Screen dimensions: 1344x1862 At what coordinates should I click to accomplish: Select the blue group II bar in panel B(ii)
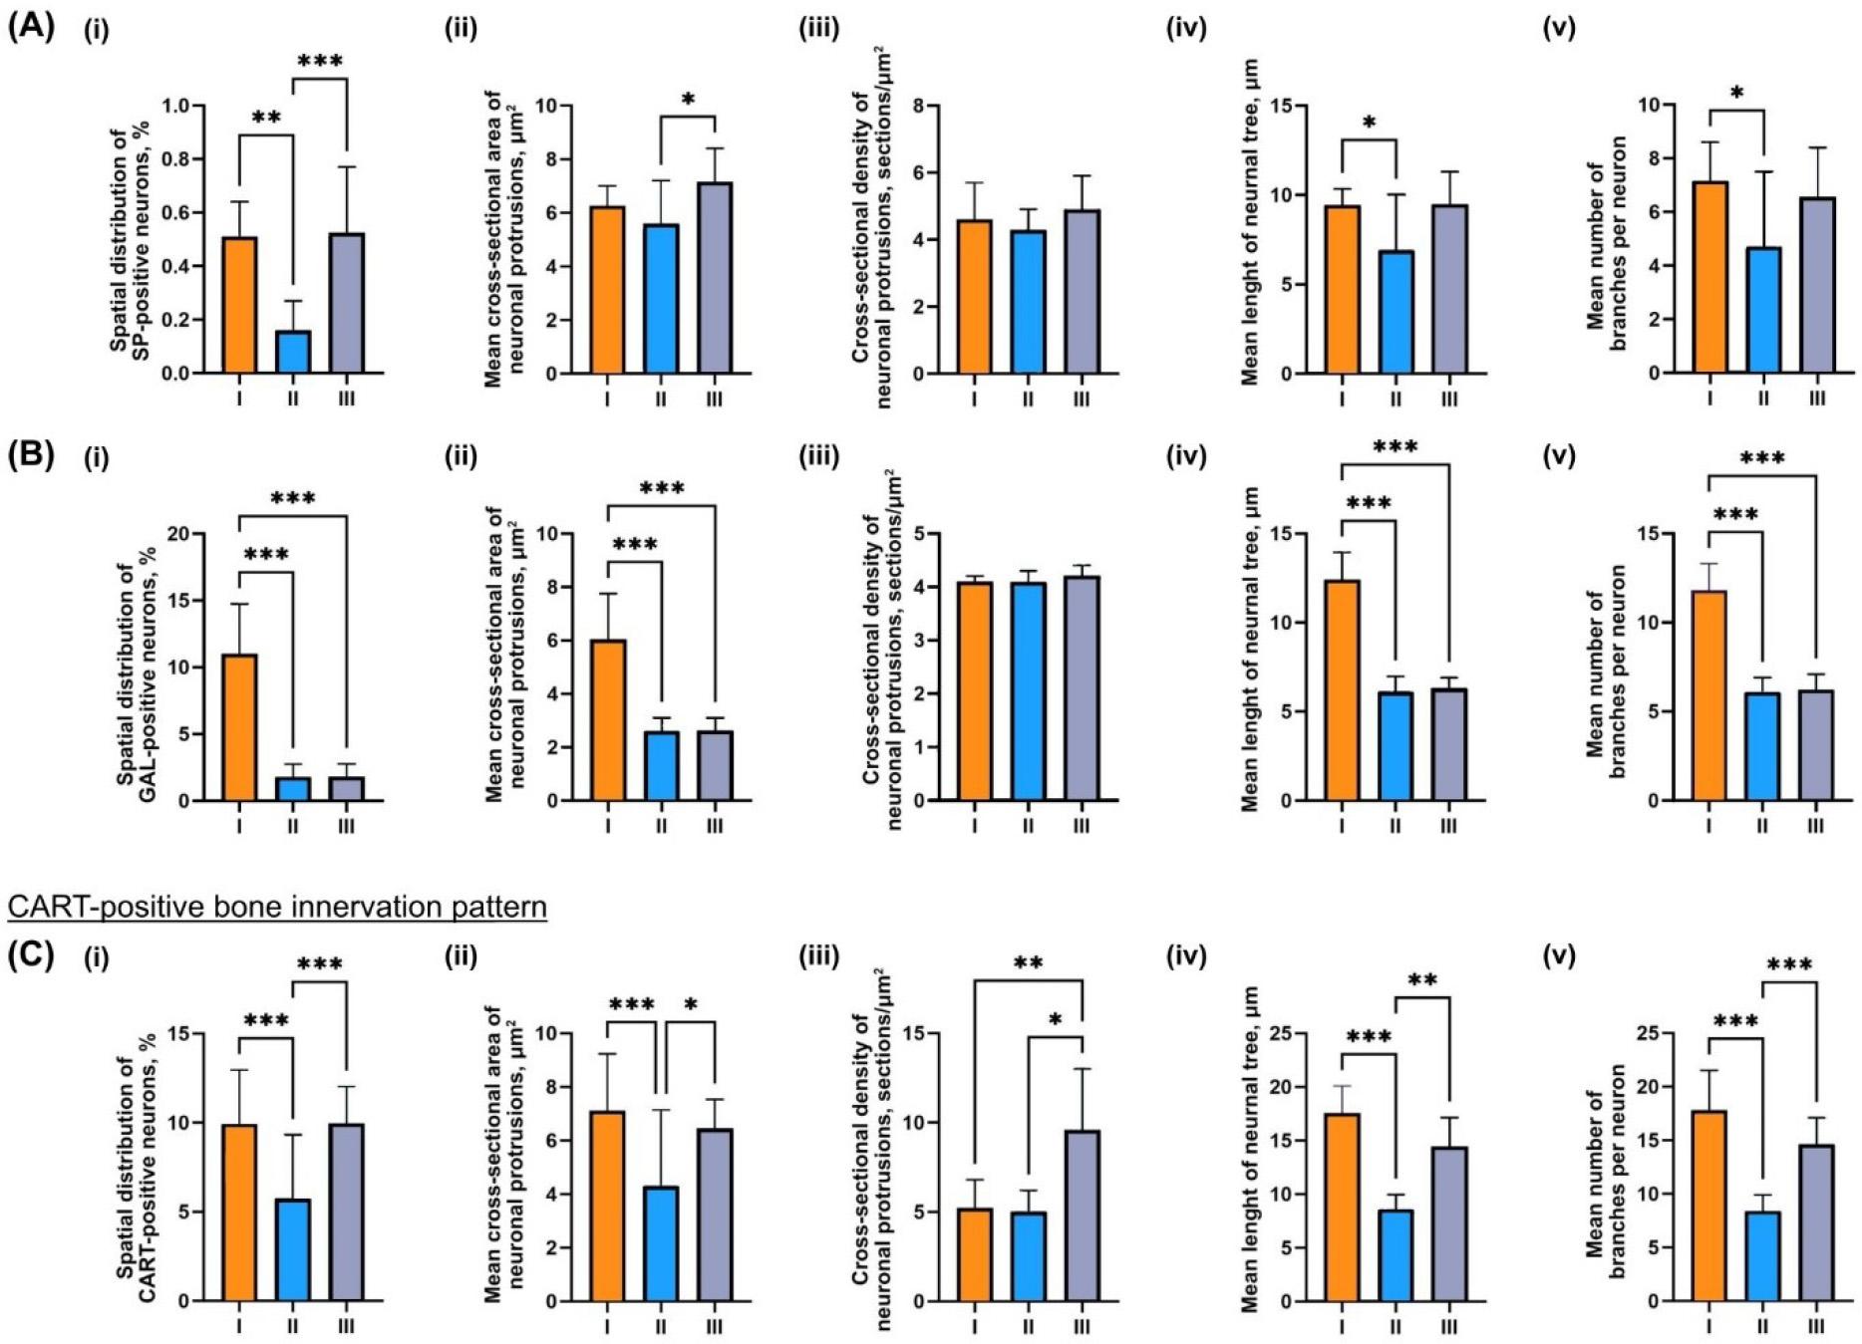[x=661, y=766]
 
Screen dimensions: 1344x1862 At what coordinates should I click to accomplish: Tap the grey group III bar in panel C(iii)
[x=1082, y=1215]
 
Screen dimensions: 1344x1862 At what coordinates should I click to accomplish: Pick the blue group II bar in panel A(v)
[x=1763, y=310]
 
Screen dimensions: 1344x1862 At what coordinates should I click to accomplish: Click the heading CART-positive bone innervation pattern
[x=277, y=908]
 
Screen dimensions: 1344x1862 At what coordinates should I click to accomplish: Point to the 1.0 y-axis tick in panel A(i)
[x=176, y=107]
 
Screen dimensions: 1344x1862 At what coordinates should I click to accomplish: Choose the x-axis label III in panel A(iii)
[x=1082, y=400]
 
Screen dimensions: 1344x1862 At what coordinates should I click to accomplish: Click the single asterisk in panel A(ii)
[x=688, y=100]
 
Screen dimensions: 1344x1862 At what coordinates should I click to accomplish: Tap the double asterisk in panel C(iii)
[x=1028, y=963]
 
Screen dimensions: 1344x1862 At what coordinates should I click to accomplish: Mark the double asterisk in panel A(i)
[x=266, y=118]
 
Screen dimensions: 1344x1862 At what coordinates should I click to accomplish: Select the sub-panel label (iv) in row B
[x=1186, y=457]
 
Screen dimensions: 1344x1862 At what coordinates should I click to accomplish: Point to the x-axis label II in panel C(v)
[x=1763, y=1327]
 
